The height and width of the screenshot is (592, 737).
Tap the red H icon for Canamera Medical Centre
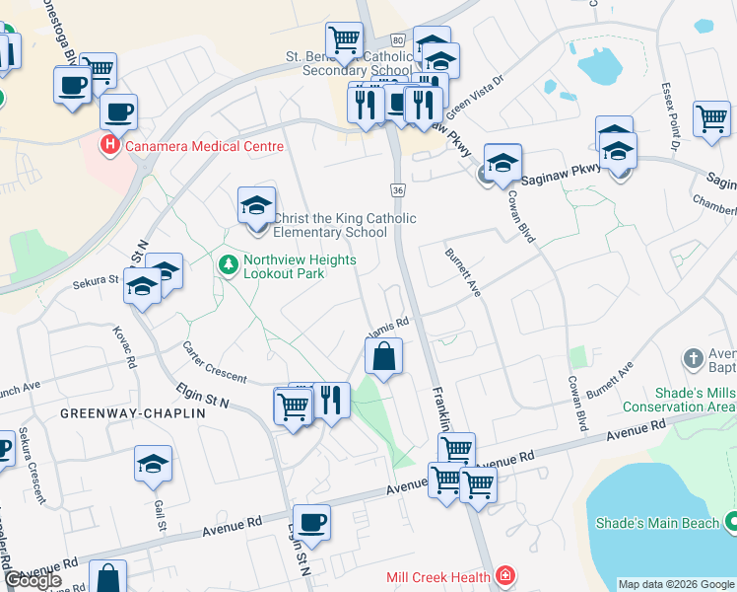(x=110, y=146)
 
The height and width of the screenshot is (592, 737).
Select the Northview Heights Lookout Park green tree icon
(x=229, y=264)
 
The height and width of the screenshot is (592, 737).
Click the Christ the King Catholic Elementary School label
(x=343, y=225)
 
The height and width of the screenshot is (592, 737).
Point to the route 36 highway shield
(x=397, y=188)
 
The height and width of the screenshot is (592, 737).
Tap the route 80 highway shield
(x=397, y=39)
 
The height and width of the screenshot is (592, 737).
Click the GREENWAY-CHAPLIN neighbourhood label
(x=133, y=413)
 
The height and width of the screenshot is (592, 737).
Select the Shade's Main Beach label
(x=660, y=523)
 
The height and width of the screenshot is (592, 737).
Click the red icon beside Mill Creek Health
(x=504, y=573)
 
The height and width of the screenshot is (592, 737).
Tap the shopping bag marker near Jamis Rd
(x=384, y=356)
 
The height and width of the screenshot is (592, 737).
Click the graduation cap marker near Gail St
(x=153, y=464)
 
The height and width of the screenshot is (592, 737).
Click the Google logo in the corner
(x=33, y=580)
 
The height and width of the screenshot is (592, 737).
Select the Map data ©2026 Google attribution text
(x=676, y=584)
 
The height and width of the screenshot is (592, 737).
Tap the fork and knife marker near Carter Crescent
(x=330, y=400)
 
